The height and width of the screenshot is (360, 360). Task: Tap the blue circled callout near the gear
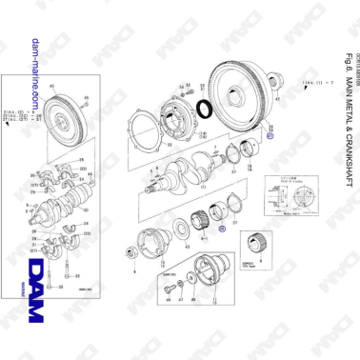coord(221,229)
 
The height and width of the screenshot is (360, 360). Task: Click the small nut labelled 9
coord(130,250)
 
